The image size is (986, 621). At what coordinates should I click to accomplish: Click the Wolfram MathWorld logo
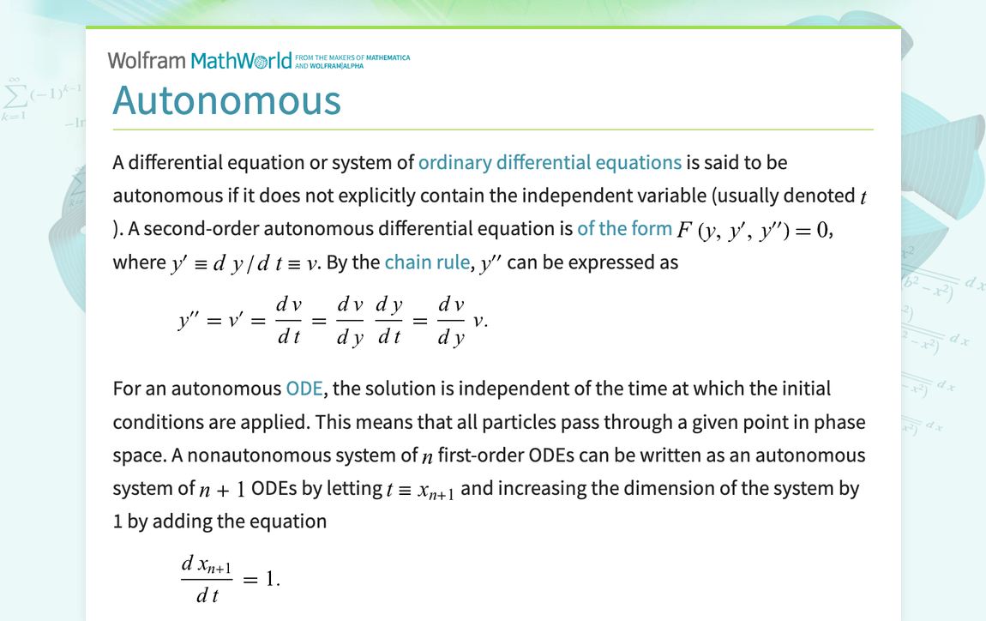point(206,60)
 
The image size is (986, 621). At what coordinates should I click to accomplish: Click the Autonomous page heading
point(226,99)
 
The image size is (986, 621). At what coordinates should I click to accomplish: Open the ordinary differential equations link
point(550,162)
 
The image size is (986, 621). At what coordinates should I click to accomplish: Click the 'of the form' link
point(624,228)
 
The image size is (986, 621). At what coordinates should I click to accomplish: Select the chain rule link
point(427,262)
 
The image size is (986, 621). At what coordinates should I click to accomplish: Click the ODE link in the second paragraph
point(304,389)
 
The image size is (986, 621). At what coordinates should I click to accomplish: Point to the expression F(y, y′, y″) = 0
point(754,229)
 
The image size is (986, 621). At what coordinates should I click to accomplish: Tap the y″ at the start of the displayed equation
point(188,321)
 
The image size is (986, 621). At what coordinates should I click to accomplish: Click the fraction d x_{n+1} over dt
point(206,578)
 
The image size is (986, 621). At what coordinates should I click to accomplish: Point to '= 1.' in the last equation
point(262,579)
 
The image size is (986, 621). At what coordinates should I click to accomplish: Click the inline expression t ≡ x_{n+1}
point(420,490)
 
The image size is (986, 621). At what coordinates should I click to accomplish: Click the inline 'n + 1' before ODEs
point(223,490)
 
